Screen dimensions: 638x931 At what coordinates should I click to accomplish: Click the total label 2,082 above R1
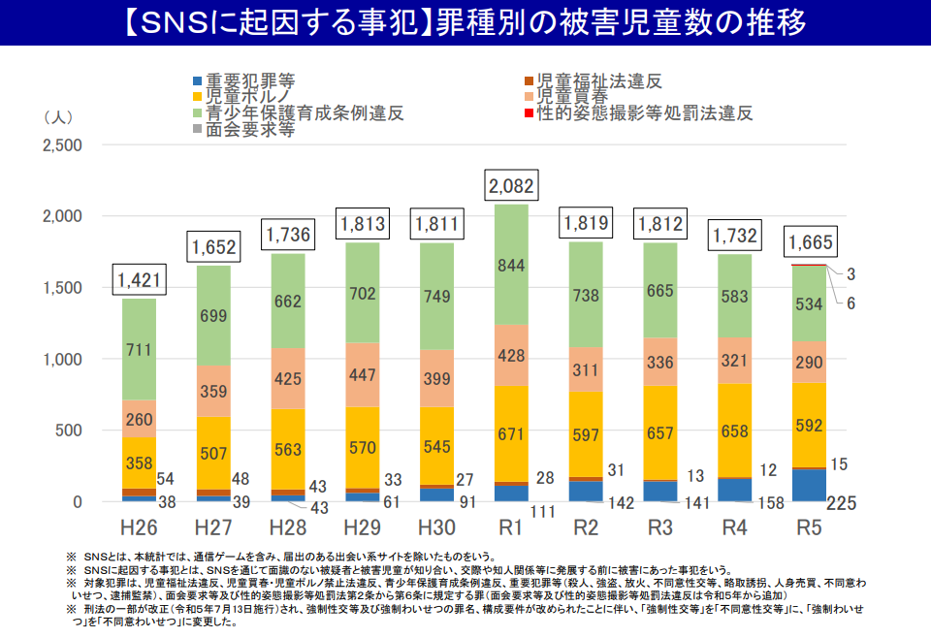coord(510,184)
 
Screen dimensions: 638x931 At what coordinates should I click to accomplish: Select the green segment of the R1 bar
coord(511,265)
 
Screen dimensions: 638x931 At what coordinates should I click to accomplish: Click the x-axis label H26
coord(140,528)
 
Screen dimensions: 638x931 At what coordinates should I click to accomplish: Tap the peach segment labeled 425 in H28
coord(288,378)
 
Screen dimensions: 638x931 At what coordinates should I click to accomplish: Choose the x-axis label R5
coord(809,528)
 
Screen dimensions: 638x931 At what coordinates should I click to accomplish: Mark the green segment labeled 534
coord(809,303)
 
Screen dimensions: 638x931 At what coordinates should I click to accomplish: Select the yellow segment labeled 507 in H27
coord(214,453)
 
